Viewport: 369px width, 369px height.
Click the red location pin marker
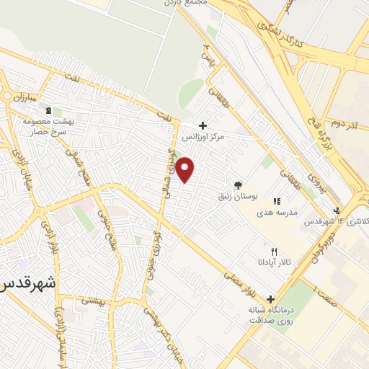tap(185, 170)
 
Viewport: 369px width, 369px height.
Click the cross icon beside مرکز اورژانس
tap(203, 125)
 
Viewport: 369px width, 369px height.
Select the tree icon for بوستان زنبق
tap(238, 185)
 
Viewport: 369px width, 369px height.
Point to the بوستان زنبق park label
tap(237, 196)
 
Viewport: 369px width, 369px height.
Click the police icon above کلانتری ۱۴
tap(337, 210)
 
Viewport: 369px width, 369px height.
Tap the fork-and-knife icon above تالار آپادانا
tap(273, 252)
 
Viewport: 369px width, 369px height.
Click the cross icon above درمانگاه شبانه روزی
tap(271, 299)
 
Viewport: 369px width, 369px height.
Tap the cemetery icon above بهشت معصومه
tap(48, 110)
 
